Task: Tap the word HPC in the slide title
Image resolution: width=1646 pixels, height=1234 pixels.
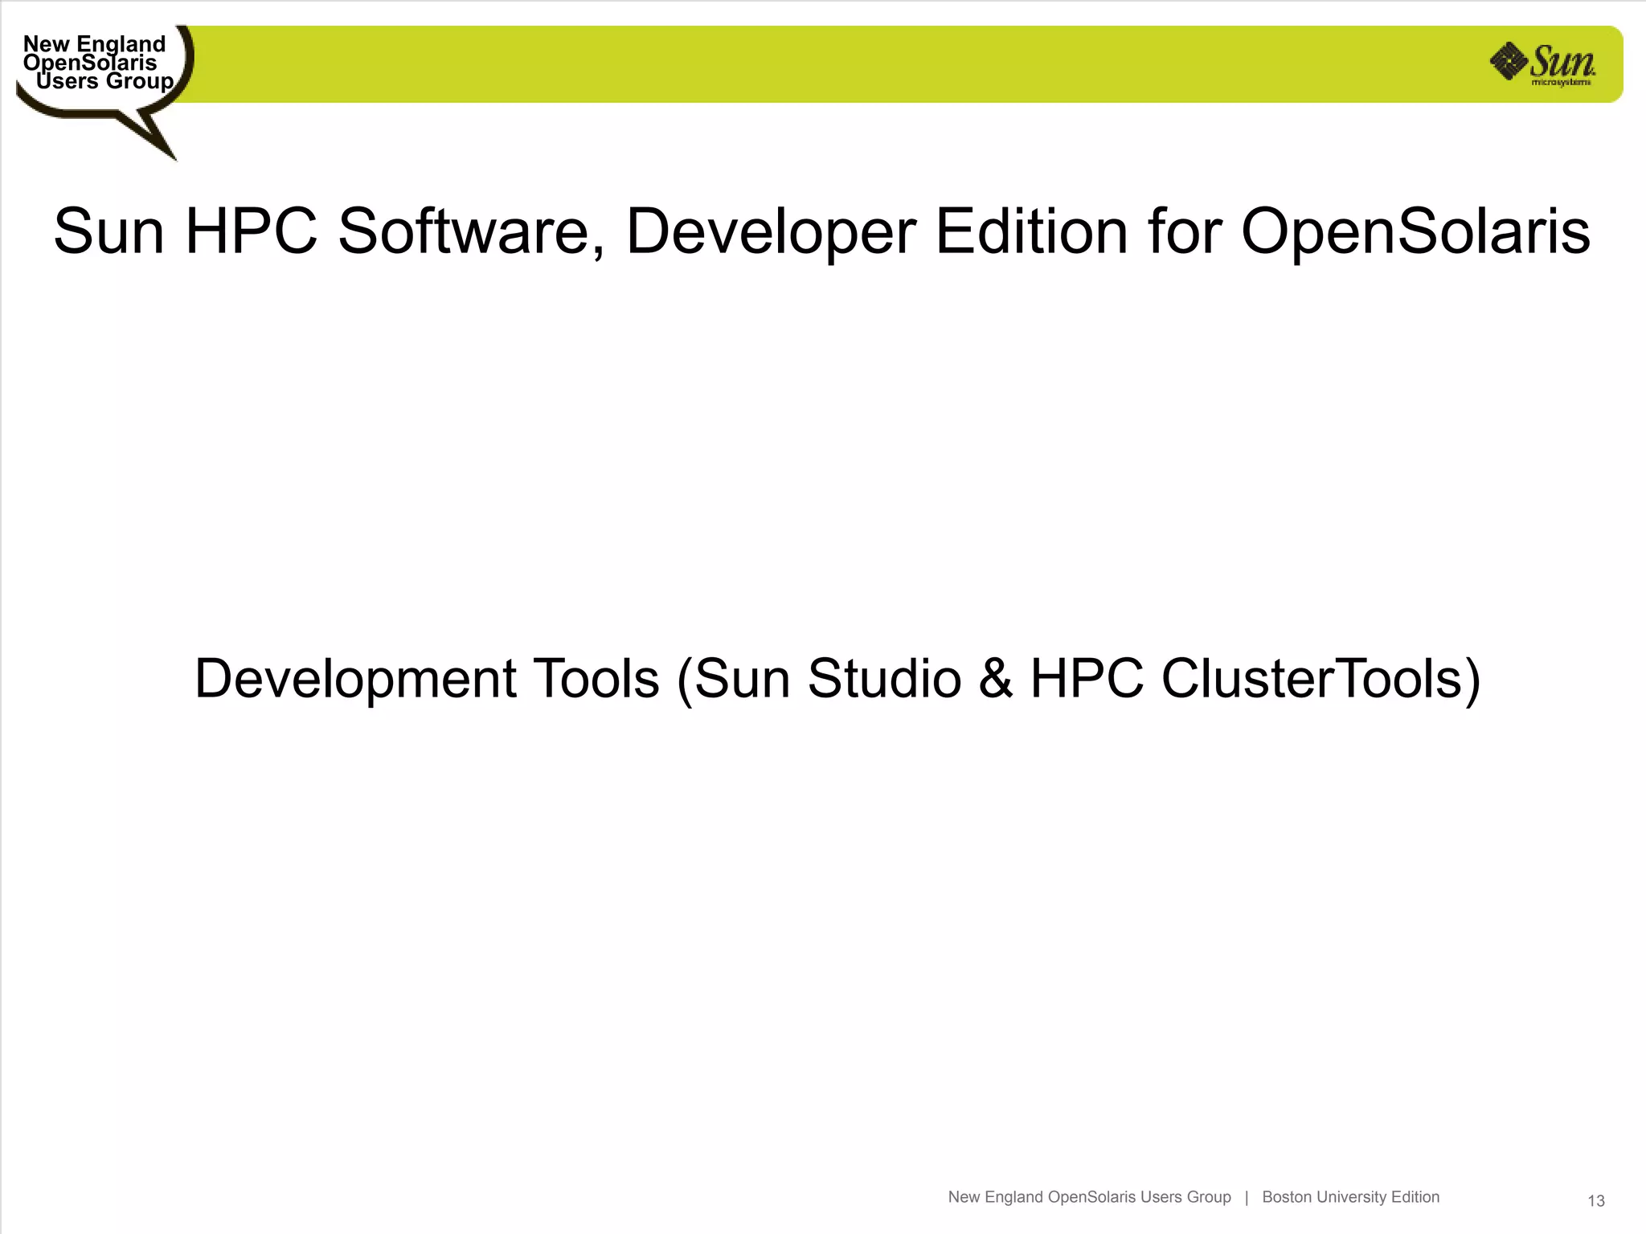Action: tap(251, 232)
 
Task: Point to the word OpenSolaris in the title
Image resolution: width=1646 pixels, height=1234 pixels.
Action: tap(1415, 232)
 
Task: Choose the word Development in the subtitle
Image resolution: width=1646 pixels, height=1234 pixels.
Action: tap(354, 680)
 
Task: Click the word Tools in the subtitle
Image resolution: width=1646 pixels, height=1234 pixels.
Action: tap(596, 680)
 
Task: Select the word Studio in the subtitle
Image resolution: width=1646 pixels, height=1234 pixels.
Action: tap(884, 680)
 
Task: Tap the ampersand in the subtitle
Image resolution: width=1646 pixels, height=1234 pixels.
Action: tap(996, 680)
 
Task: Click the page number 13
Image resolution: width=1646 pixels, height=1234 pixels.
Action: tap(1596, 1201)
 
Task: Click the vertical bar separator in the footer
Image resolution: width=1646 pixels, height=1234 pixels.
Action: tap(1247, 1197)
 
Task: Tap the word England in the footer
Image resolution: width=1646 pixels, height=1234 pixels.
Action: tap(1014, 1197)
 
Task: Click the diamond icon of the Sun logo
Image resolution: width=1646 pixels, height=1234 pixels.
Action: tap(1509, 61)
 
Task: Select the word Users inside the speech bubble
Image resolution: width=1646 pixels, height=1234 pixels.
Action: tap(67, 81)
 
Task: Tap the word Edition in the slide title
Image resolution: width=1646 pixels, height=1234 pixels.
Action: tap(1032, 232)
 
